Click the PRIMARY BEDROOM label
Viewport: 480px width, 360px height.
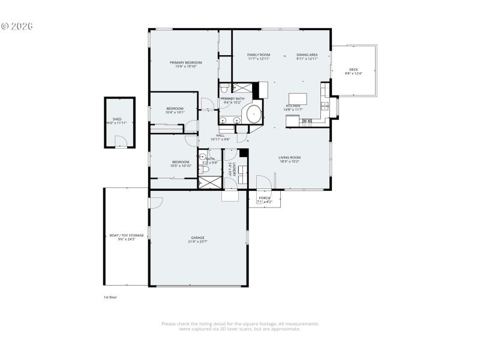click(185, 62)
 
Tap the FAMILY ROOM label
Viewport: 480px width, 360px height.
click(259, 55)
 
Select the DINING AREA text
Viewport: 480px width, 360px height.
click(307, 55)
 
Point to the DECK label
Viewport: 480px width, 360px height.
click(353, 70)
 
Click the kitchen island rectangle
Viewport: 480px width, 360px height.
click(298, 98)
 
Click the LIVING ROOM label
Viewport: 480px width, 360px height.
click(289, 158)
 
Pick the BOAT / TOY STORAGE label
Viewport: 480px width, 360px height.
click(126, 235)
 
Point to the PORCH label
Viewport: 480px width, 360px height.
click(264, 198)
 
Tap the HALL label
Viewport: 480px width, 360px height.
click(220, 136)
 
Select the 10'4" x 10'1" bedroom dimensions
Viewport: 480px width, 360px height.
click(175, 112)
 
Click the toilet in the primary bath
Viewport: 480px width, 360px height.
click(223, 89)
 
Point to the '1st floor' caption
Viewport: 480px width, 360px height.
click(110, 297)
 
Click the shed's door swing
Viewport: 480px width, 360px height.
click(121, 142)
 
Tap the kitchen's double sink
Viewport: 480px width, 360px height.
click(325, 106)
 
